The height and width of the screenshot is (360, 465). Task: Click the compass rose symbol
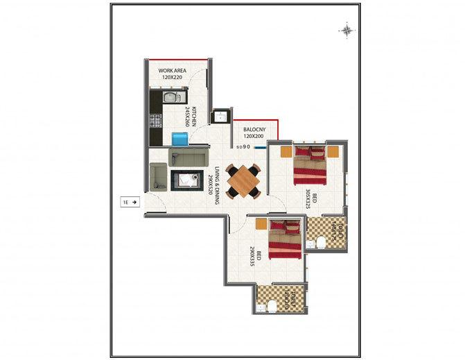click(346, 29)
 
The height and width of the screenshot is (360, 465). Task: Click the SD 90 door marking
click(242, 147)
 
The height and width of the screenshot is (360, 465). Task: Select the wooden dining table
click(243, 179)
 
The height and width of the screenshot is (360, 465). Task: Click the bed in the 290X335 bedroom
click(284, 238)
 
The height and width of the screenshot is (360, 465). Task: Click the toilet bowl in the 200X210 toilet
click(275, 304)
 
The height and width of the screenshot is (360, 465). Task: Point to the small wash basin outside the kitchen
click(222, 115)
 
